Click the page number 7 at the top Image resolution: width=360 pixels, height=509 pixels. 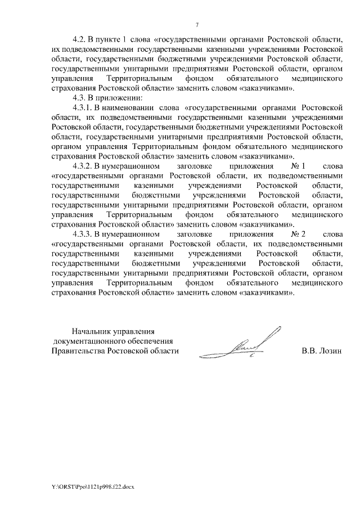(196, 24)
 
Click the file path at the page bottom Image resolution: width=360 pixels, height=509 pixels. (92, 485)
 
